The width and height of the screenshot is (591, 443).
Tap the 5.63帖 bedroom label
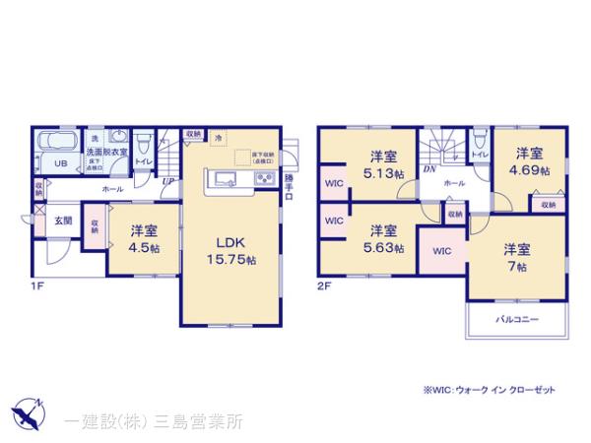384,239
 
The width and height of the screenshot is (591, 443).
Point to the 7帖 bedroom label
518,256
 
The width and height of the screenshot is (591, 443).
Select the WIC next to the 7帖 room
441,251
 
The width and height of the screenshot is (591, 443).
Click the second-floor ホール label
454,183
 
